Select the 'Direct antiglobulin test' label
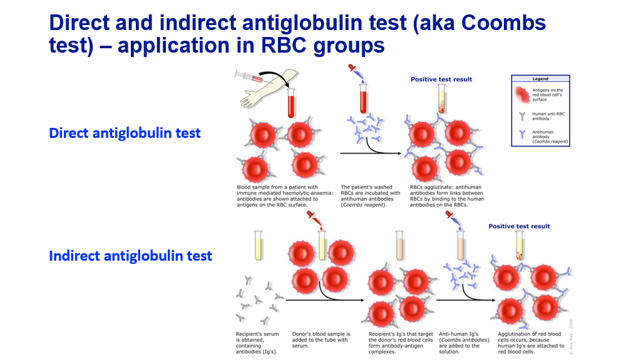(x=125, y=133)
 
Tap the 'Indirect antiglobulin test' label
(x=130, y=256)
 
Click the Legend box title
(x=540, y=79)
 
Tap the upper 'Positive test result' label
(x=441, y=80)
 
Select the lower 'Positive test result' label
(x=519, y=226)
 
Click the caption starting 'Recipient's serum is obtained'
(x=257, y=342)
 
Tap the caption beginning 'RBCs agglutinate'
(x=447, y=196)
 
